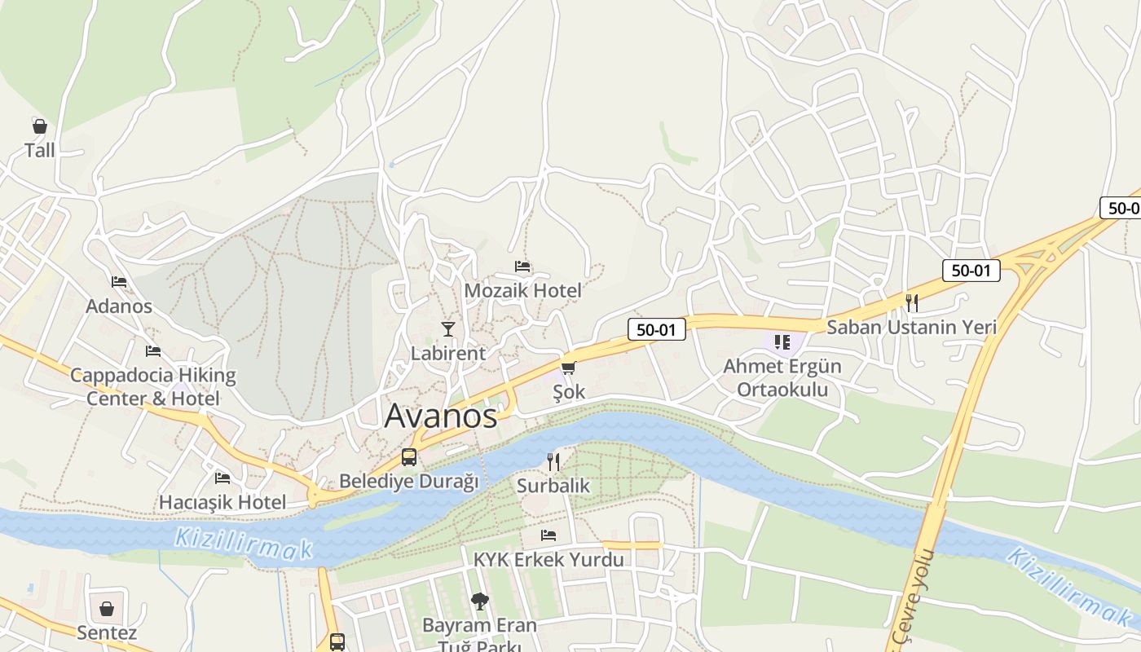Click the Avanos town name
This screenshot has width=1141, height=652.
[x=440, y=416]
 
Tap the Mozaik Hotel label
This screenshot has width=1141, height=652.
[x=522, y=290]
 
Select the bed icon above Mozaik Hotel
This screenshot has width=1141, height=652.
[x=522, y=267]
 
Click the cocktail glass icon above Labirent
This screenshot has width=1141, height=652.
[x=447, y=328]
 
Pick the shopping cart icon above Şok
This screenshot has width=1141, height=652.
[x=568, y=368]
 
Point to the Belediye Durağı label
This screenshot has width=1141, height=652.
[x=408, y=481]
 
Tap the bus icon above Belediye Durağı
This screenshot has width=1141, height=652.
[x=408, y=457]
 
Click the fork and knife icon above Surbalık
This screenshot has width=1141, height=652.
[x=553, y=462]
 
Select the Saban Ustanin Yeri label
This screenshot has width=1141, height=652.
[x=911, y=327]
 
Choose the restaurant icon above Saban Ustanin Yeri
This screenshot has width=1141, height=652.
[x=911, y=303]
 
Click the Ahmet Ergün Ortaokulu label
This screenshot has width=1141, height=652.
[x=782, y=377]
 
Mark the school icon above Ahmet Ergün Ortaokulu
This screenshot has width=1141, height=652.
[x=782, y=342]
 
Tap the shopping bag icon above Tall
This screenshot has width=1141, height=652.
[x=39, y=126]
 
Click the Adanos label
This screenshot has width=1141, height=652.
[x=119, y=306]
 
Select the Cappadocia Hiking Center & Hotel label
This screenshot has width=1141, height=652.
[x=153, y=387]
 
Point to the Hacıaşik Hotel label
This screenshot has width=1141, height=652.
[x=222, y=502]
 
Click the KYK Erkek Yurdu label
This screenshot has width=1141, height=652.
[x=548, y=560]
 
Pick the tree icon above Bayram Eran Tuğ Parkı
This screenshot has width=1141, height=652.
[x=479, y=601]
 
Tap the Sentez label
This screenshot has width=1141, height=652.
[x=107, y=632]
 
